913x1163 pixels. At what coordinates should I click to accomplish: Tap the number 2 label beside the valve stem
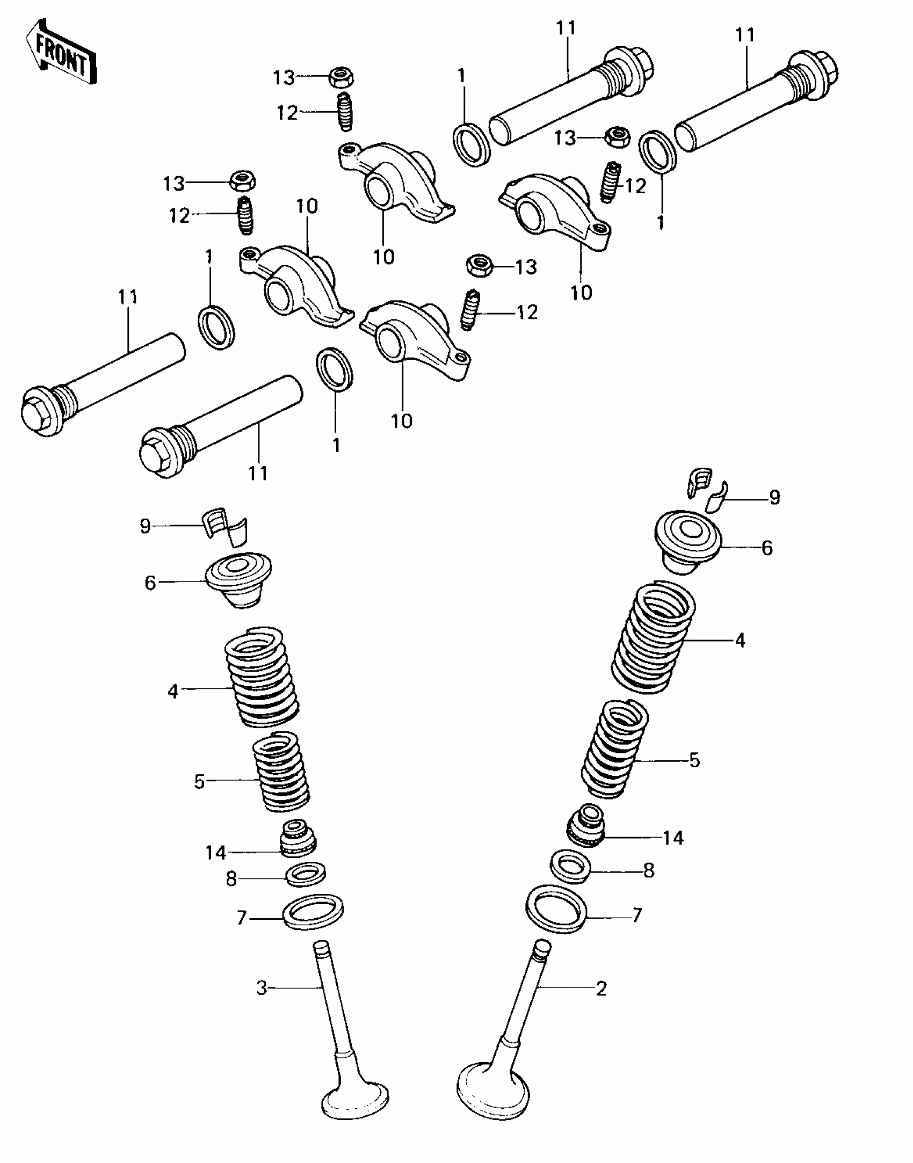click(x=601, y=988)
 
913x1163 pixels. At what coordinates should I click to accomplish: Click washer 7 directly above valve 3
click(x=313, y=912)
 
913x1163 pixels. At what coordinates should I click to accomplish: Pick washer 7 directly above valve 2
click(x=556, y=908)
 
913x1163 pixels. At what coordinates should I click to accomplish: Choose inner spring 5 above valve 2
click(x=614, y=750)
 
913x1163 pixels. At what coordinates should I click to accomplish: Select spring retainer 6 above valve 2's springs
click(x=687, y=541)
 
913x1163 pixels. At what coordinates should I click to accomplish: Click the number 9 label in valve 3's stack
click(x=145, y=526)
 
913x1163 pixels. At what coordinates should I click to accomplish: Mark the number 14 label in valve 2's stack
click(x=673, y=838)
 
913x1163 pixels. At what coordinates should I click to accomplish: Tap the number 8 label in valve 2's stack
click(x=649, y=871)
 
